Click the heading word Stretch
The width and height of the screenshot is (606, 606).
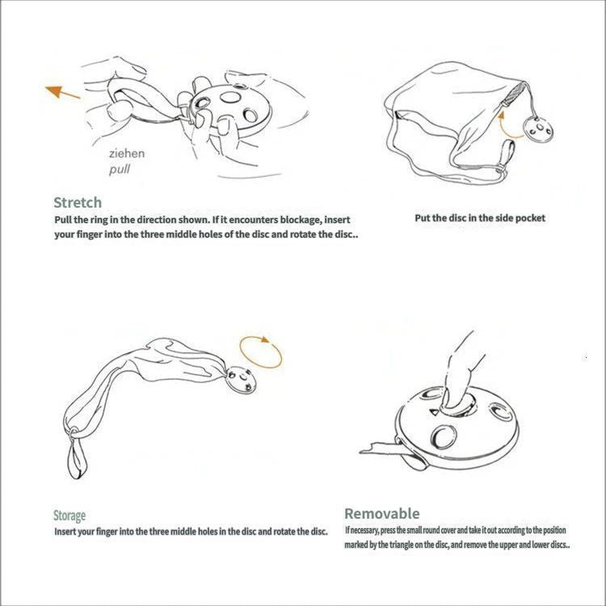pos(78,203)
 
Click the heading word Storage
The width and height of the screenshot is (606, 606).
pos(69,516)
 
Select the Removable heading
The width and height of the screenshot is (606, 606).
pos(382,514)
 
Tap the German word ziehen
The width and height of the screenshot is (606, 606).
pos(127,154)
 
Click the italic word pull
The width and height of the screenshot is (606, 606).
pos(120,170)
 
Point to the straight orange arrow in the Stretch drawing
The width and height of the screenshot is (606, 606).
pos(62,93)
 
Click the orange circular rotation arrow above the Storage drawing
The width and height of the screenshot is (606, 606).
pos(260,352)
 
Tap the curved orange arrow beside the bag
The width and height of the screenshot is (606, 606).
pos(508,125)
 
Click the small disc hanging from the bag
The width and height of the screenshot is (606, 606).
pos(538,129)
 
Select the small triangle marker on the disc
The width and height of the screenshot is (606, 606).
pos(435,412)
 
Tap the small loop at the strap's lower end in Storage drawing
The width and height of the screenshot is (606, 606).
pos(78,460)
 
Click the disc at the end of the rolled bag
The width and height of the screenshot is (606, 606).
pos(242,380)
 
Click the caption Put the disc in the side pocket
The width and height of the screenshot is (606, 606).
pos(480,218)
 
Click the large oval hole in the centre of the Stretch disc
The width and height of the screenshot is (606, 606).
pos(230,97)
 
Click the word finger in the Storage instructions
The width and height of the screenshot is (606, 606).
pos(107,532)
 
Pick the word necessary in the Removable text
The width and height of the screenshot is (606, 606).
pos(364,530)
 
